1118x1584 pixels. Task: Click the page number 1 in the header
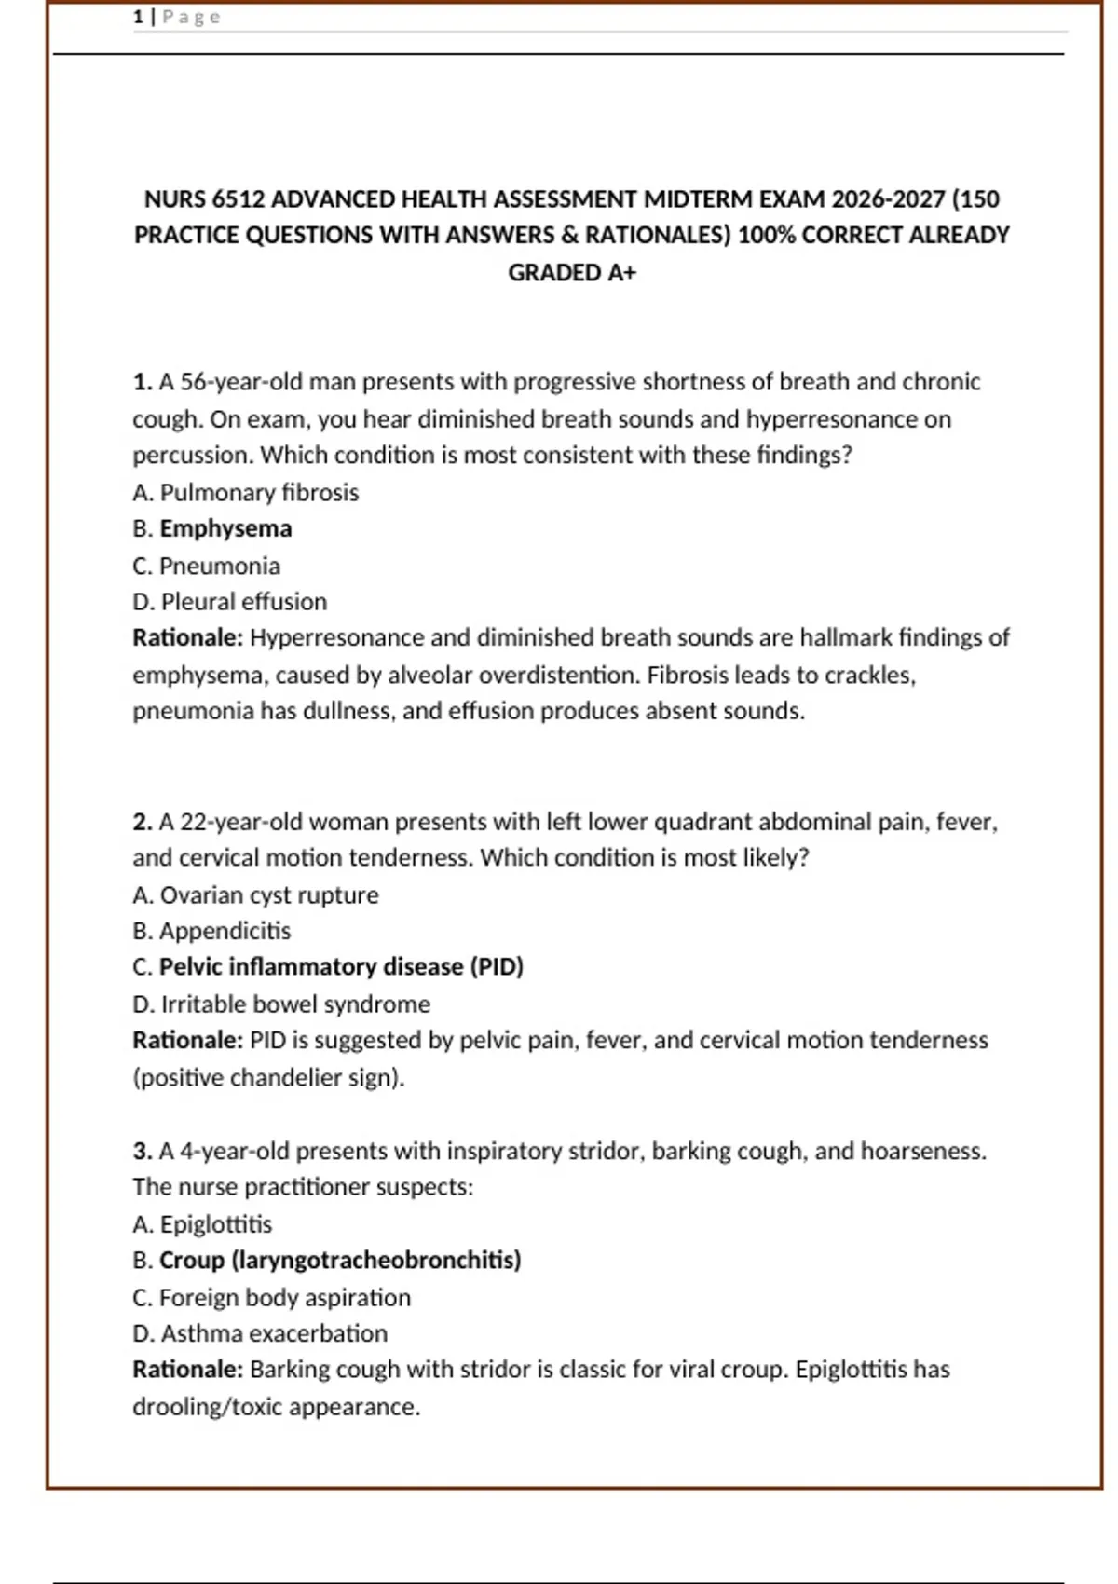click(x=138, y=17)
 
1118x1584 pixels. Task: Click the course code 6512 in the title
click(x=238, y=199)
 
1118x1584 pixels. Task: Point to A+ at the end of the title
click(x=619, y=273)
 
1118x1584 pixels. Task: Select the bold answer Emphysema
click(x=225, y=528)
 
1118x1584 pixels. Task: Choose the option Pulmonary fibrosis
click(x=259, y=492)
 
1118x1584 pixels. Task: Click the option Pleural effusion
click(x=243, y=602)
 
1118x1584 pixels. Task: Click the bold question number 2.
click(x=142, y=822)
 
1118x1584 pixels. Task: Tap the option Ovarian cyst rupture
click(x=269, y=895)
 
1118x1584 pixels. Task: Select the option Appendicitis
click(x=225, y=931)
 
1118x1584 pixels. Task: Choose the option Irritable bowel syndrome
click(x=295, y=1004)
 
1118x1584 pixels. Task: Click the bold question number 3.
click(x=142, y=1152)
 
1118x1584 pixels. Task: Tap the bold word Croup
click(x=192, y=1261)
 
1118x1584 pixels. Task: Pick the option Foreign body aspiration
click(x=284, y=1298)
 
